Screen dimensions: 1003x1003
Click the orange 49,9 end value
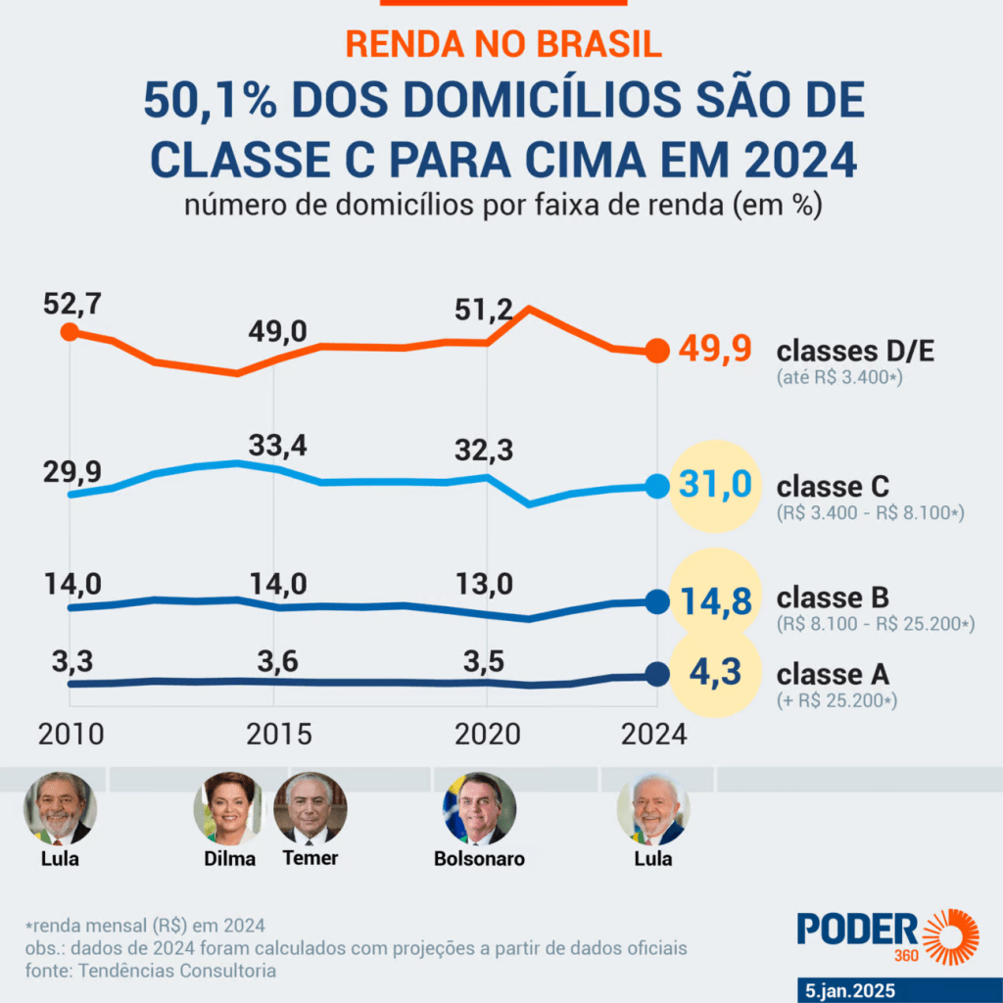pyautogui.click(x=713, y=351)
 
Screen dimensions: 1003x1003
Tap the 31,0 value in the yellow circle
pyautogui.click(x=713, y=485)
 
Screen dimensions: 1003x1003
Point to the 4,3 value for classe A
pyautogui.click(x=713, y=674)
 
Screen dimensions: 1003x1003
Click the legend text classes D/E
pyautogui.click(x=855, y=352)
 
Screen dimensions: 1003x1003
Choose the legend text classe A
pyautogui.click(x=833, y=675)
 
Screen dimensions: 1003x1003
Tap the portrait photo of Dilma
pyautogui.click(x=231, y=808)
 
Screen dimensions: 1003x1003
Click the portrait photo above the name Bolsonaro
pyautogui.click(x=479, y=808)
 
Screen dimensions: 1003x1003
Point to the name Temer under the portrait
pyautogui.click(x=310, y=858)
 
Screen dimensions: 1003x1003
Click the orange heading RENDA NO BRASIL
pyautogui.click(x=503, y=43)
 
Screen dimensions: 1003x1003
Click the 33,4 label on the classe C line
pyautogui.click(x=277, y=446)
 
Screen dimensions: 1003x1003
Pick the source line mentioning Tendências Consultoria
pyautogui.click(x=150, y=971)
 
